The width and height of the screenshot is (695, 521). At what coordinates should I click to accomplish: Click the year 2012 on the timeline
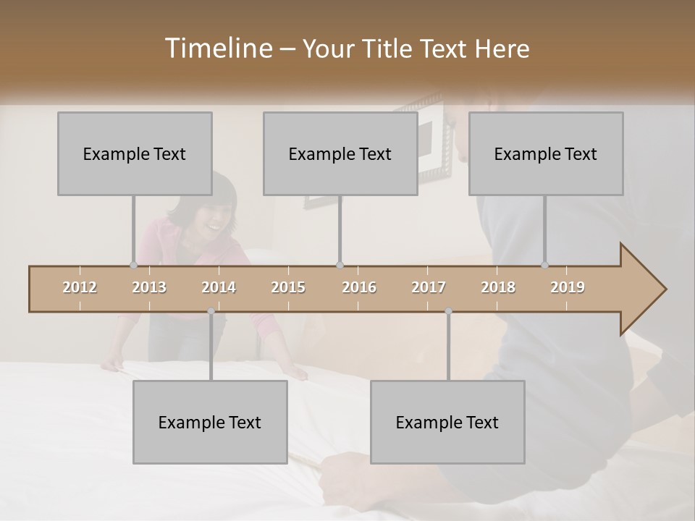pyautogui.click(x=80, y=287)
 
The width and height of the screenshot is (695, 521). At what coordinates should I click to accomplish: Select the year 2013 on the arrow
pyautogui.click(x=149, y=287)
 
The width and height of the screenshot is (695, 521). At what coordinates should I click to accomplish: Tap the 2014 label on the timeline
pyautogui.click(x=219, y=287)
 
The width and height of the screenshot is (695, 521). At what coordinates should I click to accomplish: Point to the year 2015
pyautogui.click(x=288, y=287)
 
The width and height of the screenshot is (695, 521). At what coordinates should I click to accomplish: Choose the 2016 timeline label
pyautogui.click(x=359, y=287)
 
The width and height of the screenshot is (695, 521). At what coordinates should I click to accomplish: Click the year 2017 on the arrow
pyautogui.click(x=429, y=287)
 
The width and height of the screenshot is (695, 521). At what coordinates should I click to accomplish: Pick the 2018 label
pyautogui.click(x=498, y=287)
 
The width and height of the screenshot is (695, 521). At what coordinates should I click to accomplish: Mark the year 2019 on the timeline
pyautogui.click(x=568, y=287)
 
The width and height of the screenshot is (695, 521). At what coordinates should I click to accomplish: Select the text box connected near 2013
pyautogui.click(x=135, y=153)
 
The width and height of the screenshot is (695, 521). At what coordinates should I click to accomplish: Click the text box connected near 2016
pyautogui.click(x=340, y=153)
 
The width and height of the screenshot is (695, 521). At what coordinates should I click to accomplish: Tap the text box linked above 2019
pyautogui.click(x=546, y=153)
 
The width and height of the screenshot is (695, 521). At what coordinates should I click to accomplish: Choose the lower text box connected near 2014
pyautogui.click(x=210, y=422)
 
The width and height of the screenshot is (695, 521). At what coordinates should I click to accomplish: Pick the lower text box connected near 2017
pyautogui.click(x=447, y=422)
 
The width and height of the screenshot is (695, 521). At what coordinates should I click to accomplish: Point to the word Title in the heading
pyautogui.click(x=391, y=49)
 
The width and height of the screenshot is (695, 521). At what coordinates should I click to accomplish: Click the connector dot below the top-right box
pyautogui.click(x=545, y=265)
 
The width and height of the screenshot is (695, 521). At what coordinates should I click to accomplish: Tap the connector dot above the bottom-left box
pyautogui.click(x=211, y=311)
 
